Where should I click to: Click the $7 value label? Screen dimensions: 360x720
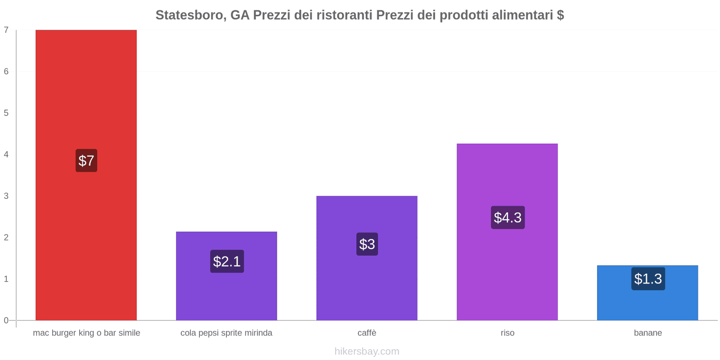pyautogui.click(x=86, y=161)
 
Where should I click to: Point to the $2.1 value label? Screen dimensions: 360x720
pyautogui.click(x=227, y=261)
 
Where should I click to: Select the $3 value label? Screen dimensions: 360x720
pyautogui.click(x=367, y=244)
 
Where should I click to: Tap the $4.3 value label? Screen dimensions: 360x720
pyautogui.click(x=508, y=218)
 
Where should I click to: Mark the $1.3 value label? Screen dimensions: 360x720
pyautogui.click(x=648, y=279)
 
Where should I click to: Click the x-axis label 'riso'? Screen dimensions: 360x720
pyautogui.click(x=507, y=333)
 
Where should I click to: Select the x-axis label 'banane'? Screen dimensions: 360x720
pyautogui.click(x=648, y=333)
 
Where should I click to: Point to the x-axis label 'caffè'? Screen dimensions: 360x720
pyautogui.click(x=367, y=333)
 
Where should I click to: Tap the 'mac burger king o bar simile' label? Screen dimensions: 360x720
pyautogui.click(x=86, y=333)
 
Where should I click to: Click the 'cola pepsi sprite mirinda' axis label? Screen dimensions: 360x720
pyautogui.click(x=226, y=333)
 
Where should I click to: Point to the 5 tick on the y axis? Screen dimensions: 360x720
pyautogui.click(x=6, y=113)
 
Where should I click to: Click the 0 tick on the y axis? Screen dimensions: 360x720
pyautogui.click(x=6, y=320)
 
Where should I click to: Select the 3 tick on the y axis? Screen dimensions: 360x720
pyautogui.click(x=6, y=196)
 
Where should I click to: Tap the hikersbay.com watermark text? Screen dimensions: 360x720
pyautogui.click(x=367, y=351)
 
